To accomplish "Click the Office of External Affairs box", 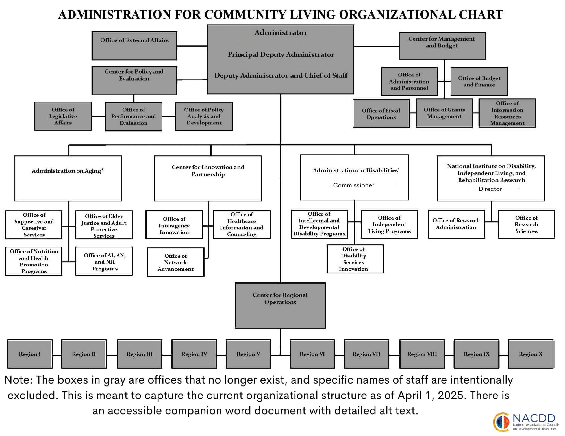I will tap(134, 46).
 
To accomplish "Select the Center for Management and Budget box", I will tap(442, 46).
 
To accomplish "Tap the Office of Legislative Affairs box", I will tap(63, 116).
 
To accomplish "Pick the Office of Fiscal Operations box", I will tap(381, 114).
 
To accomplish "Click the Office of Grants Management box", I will tap(444, 113).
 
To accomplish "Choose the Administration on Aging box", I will tap(68, 178).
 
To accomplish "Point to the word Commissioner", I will tap(353, 185).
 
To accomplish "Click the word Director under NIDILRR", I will tap(490, 189).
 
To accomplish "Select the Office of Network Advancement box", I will tap(175, 262).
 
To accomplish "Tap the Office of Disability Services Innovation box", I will tap(355, 259).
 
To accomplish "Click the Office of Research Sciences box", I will tap(526, 224).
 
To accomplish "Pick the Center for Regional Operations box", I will tap(280, 306).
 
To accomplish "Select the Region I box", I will tap(30, 354).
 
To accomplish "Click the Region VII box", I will tap(366, 354).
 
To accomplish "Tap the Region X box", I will tap(531, 354).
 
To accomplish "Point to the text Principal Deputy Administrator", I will tap(281, 55).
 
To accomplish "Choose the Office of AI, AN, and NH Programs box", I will tap(104, 262).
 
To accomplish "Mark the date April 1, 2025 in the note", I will tap(431, 395).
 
